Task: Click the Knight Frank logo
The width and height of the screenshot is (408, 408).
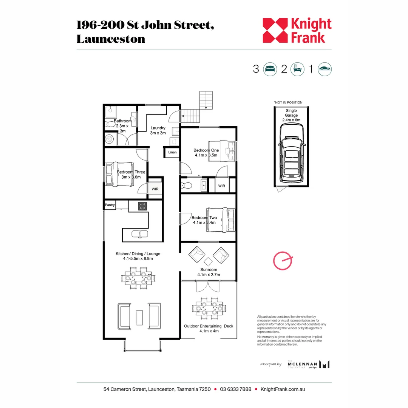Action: coord(297,30)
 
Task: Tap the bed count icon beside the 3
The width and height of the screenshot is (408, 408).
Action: coord(270,69)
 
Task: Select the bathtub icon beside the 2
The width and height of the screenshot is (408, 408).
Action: coord(297,69)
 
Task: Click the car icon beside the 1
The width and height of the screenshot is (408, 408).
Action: coord(325,69)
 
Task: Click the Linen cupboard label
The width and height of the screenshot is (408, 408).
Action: coord(172,152)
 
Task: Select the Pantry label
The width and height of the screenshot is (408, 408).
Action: coord(110,205)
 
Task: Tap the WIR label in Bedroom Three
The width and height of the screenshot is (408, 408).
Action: coord(155,189)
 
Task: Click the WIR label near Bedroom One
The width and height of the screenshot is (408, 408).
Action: coord(221,186)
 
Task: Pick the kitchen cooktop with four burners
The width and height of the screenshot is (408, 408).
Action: coord(142,206)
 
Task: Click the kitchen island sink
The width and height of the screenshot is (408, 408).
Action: coord(140,234)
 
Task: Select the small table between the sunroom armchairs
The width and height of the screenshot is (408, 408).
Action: coord(208,261)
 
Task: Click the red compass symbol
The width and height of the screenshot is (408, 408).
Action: coord(283,261)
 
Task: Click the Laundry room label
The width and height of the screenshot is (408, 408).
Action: coord(158,130)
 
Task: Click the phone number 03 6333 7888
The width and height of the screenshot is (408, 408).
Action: coord(235,389)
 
